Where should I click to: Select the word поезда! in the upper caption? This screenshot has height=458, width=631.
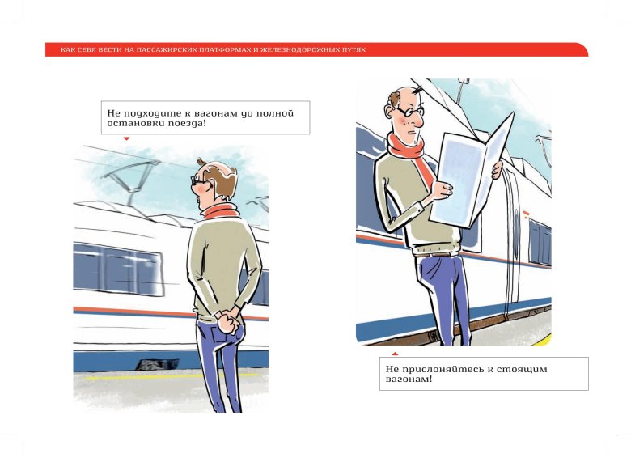[187, 123]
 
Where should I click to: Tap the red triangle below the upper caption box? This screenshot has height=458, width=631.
[126, 139]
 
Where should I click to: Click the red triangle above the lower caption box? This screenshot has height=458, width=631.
[395, 354]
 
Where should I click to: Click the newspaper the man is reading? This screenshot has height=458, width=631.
[471, 173]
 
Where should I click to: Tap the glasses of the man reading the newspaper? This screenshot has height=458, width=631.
[409, 110]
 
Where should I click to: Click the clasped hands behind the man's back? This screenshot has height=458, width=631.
[228, 320]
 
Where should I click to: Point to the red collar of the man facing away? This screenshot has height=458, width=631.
[220, 211]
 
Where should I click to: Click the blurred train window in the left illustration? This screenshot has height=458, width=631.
[117, 269]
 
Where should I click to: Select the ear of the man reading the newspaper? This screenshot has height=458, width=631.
[389, 112]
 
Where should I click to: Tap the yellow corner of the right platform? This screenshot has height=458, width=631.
[544, 341]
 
